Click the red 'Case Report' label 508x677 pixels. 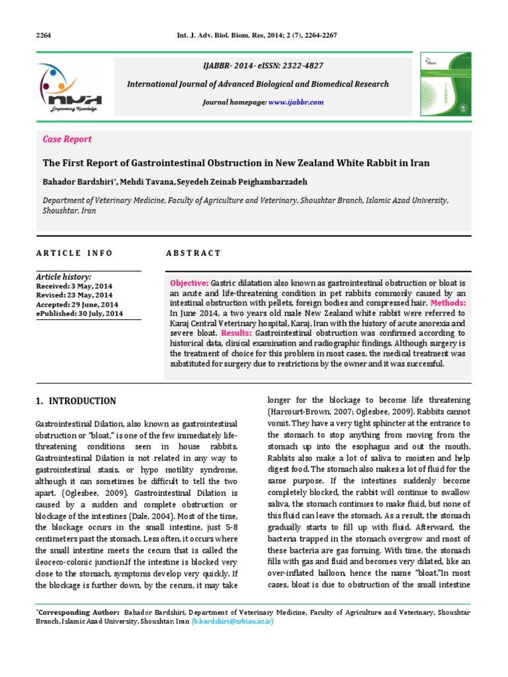67,139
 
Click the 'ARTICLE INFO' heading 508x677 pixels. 74,253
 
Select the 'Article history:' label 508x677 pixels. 63,277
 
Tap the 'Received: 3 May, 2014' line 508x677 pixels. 75,286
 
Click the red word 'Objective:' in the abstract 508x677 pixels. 189,283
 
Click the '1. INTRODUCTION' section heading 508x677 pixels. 74,401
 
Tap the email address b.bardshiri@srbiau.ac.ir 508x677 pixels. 233,621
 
